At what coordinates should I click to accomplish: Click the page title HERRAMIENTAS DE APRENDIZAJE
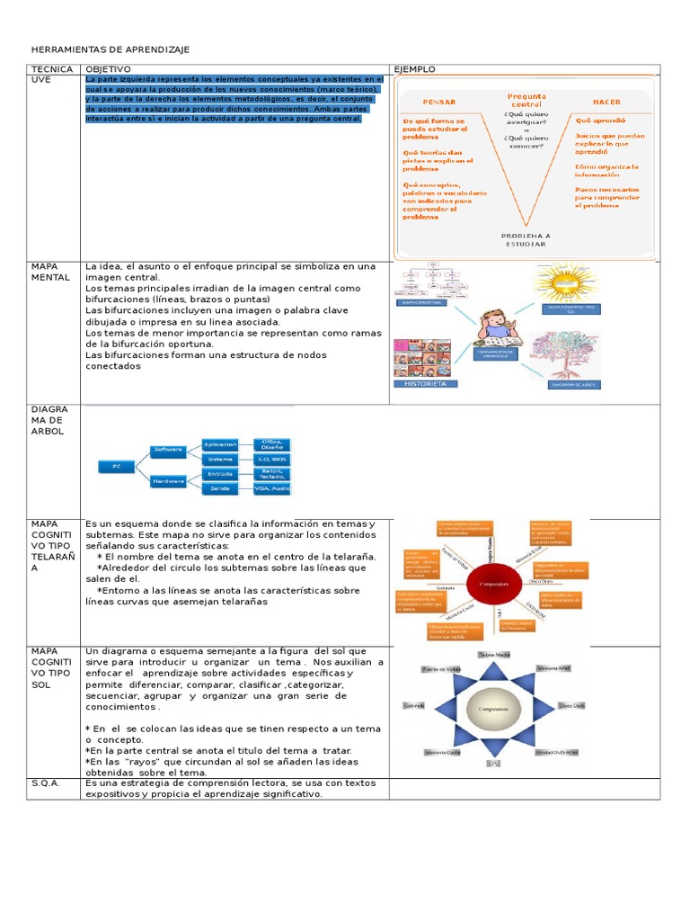click(111, 49)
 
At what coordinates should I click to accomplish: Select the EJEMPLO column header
click(414, 69)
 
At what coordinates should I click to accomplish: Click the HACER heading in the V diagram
click(607, 103)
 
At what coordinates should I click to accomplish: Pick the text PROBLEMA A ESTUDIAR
click(526, 239)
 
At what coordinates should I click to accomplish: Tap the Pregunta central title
click(526, 99)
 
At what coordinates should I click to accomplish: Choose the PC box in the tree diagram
click(116, 467)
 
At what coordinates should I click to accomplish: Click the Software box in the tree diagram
click(168, 449)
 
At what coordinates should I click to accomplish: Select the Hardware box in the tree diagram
click(168, 481)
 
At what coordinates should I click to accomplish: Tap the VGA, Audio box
click(272, 488)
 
